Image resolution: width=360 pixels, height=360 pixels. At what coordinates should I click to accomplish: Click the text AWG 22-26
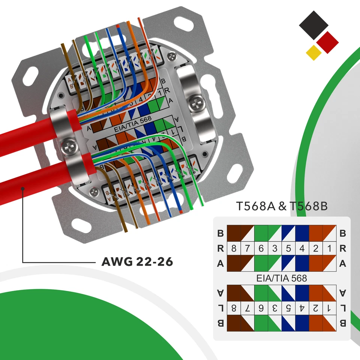137,261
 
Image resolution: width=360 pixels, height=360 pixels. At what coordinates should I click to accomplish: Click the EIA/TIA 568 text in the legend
282,278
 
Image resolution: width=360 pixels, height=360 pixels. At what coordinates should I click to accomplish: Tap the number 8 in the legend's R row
234,249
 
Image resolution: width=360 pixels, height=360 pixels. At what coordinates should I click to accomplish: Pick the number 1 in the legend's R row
329,249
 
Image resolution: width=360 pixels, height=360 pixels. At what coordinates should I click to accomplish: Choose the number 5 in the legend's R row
288,249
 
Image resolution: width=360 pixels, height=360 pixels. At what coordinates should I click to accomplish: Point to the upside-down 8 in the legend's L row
234,308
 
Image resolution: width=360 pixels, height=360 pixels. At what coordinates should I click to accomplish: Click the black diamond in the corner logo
313,25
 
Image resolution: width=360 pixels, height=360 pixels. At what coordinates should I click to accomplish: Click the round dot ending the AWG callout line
23,189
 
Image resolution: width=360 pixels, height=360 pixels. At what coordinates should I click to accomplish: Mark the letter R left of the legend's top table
220,249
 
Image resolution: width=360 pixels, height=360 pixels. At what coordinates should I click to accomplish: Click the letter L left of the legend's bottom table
220,308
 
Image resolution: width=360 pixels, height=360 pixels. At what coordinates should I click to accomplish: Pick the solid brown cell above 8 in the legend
234,233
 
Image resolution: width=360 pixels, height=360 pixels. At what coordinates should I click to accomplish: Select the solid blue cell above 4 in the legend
302,233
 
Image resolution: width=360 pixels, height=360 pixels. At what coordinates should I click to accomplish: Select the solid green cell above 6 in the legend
261,233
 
